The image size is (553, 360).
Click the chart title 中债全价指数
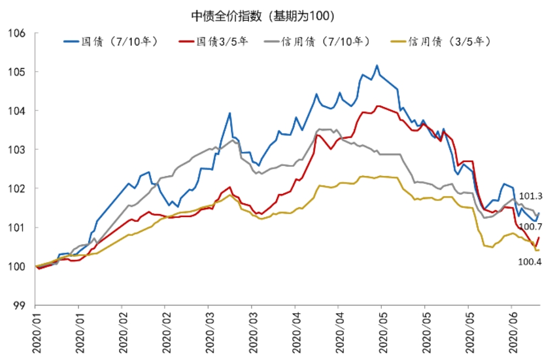(226, 16)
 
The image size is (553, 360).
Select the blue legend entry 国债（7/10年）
(111, 41)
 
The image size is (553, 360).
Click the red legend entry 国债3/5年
(213, 41)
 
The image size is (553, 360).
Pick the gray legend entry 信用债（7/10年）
(317, 41)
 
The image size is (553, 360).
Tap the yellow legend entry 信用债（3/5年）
(441, 41)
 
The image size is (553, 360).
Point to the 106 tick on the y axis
(17, 33)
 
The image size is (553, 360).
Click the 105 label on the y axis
(17, 72)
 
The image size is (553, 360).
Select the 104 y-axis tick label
(17, 111)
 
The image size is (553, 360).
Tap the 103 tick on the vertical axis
(17, 150)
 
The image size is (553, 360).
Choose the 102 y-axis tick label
(17, 188)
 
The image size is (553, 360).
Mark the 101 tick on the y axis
(17, 227)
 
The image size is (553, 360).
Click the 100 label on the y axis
(17, 266)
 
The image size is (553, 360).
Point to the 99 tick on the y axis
(20, 306)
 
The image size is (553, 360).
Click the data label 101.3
(530, 196)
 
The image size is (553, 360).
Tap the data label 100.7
(531, 226)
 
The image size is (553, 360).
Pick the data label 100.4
(529, 261)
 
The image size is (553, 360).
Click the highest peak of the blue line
(377, 66)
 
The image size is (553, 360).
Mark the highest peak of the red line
(378, 106)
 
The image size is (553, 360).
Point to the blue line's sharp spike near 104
(229, 113)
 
